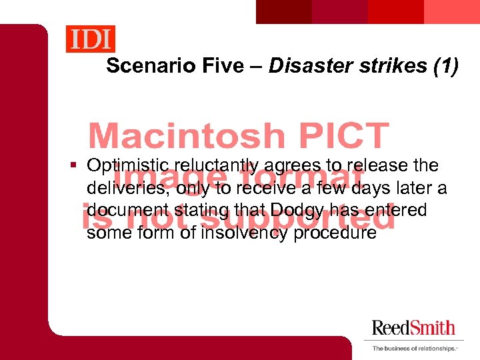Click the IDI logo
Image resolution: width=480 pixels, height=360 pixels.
click(90, 39)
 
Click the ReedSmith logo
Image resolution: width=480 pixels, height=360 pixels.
click(413, 328)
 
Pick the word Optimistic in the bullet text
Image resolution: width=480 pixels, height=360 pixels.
click(127, 165)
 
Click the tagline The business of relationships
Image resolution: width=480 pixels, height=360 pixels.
click(414, 348)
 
